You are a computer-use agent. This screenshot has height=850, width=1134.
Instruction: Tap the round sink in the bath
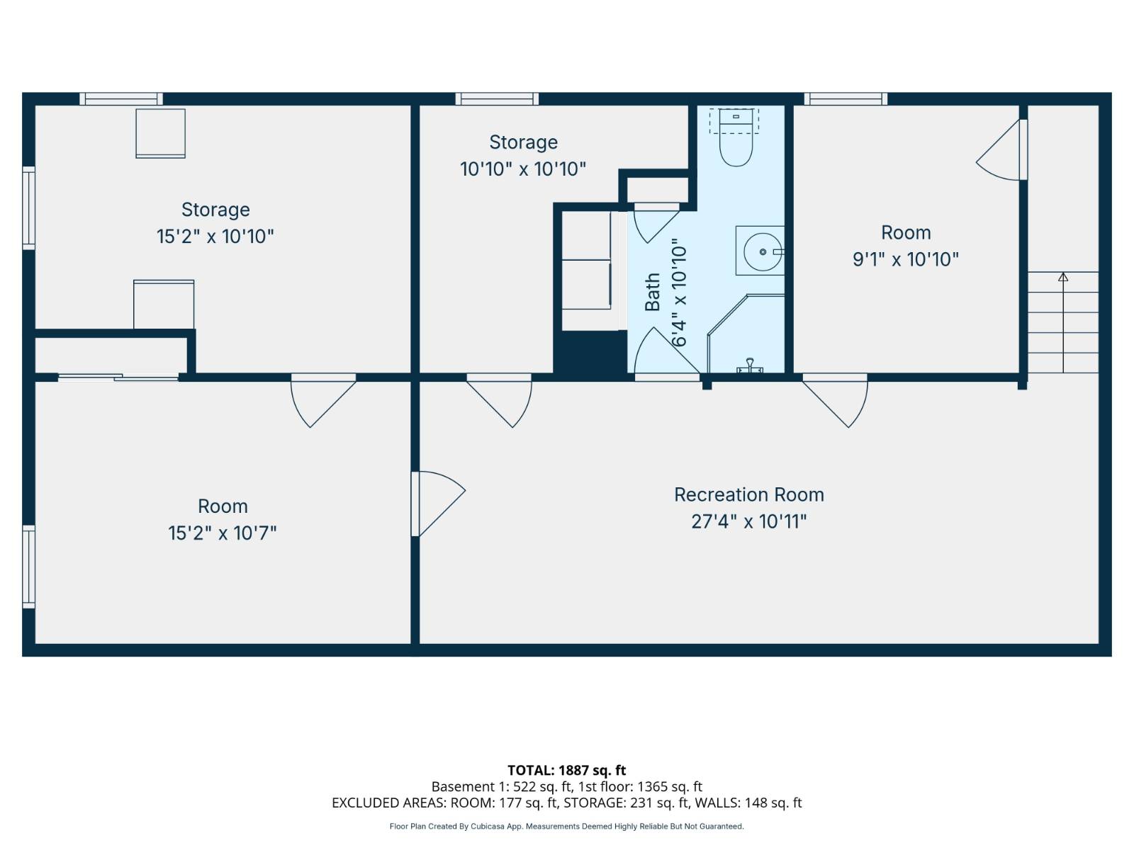tap(763, 251)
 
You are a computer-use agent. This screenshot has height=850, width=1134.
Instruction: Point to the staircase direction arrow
tap(1063, 277)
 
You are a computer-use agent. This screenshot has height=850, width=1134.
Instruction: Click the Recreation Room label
tap(748, 494)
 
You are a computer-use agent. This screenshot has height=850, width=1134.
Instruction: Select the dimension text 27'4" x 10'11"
tap(748, 522)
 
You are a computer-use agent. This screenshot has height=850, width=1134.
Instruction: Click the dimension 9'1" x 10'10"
tap(905, 259)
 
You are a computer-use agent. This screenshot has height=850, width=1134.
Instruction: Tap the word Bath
tap(652, 292)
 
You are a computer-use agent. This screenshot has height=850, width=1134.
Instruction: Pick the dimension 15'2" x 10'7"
tap(222, 533)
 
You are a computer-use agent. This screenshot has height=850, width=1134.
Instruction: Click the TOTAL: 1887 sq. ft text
tap(566, 770)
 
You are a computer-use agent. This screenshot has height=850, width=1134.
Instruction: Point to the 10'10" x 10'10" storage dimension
tap(522, 169)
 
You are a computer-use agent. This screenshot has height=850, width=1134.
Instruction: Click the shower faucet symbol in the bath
tap(749, 365)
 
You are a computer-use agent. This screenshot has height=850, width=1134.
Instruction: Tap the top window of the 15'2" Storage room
tap(120, 99)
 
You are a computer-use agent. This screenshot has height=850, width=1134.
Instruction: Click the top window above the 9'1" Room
tap(845, 99)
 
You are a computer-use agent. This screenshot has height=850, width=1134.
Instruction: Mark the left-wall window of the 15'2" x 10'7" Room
tap(28, 566)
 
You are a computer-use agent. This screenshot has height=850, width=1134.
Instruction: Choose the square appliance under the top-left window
tap(161, 133)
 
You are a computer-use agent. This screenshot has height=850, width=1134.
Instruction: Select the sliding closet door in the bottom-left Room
tap(118, 378)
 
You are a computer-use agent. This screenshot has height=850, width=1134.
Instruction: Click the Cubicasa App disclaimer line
tap(566, 827)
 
